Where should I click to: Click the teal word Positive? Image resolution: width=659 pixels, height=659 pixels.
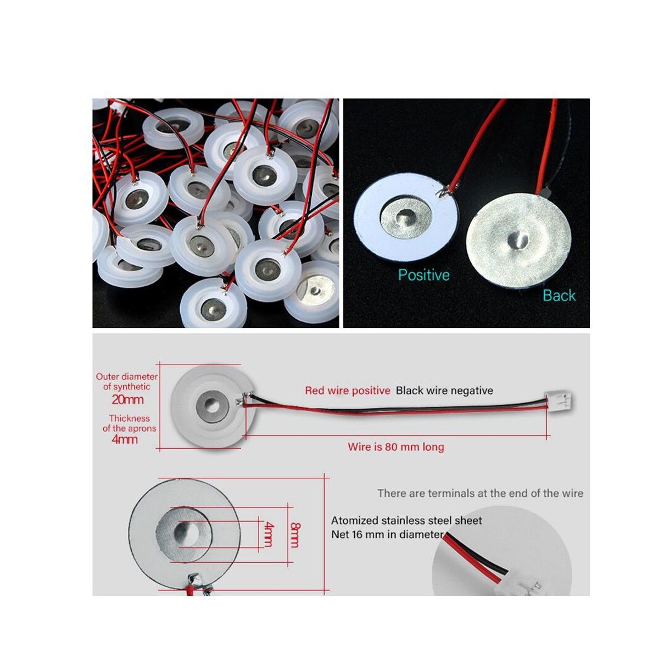[423, 275]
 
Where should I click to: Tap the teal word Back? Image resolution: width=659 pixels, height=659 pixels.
[559, 295]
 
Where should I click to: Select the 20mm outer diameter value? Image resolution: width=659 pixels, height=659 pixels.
[127, 400]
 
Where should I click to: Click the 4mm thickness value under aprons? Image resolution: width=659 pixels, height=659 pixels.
[125, 439]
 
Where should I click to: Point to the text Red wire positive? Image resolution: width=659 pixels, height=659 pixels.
[347, 390]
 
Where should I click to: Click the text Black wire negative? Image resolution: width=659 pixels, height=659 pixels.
[444, 390]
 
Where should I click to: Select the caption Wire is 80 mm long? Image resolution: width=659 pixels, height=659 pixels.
[395, 446]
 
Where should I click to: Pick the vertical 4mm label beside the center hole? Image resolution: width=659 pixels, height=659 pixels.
[268, 534]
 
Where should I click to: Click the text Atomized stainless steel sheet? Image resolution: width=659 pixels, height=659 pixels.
[406, 520]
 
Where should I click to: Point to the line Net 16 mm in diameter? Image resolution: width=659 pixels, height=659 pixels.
[387, 534]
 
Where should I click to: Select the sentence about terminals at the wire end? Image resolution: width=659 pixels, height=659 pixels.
[480, 493]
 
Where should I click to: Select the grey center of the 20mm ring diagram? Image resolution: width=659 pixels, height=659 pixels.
[212, 407]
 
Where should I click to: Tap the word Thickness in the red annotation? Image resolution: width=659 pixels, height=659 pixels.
[129, 418]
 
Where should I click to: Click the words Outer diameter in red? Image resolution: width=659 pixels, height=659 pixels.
[126, 377]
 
